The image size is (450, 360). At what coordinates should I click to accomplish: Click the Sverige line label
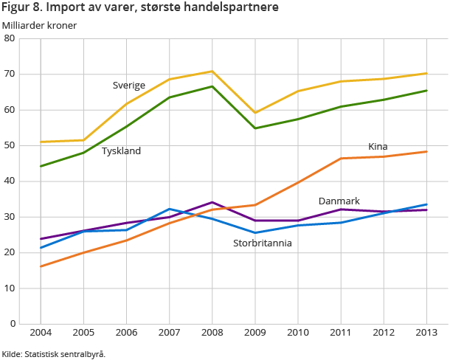129,85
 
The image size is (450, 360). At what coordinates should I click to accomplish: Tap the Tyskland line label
121,151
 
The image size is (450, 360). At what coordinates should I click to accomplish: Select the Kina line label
378,147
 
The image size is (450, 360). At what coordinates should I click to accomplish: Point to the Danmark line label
339,201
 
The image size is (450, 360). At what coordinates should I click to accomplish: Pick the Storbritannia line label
263,243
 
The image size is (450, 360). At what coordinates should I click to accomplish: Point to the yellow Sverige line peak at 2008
212,72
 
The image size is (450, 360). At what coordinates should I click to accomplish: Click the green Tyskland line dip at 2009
255,128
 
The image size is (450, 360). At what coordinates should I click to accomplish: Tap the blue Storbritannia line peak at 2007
169,209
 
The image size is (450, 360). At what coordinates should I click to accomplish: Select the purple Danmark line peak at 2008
212,202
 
